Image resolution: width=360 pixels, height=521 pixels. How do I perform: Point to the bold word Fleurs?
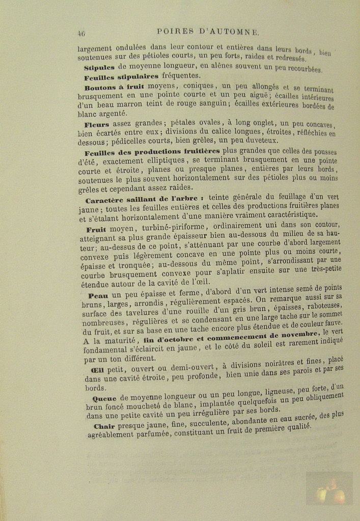[97, 124]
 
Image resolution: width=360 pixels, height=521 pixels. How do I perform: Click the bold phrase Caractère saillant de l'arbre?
[145, 199]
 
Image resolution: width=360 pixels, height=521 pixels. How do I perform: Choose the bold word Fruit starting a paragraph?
[97, 229]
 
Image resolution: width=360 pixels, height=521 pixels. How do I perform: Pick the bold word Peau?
[98, 295]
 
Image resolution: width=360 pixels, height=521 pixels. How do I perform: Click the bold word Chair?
[104, 426]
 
